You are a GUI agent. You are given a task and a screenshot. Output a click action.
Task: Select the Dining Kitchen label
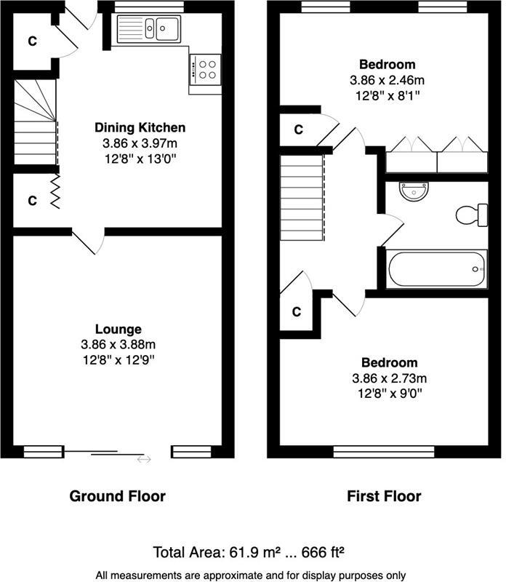click(140, 127)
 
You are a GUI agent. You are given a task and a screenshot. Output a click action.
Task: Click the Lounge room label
click(118, 330)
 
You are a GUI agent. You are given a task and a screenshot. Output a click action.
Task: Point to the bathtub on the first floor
click(437, 270)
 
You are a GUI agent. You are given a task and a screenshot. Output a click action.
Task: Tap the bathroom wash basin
click(414, 192)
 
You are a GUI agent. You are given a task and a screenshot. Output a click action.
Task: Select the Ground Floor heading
click(117, 497)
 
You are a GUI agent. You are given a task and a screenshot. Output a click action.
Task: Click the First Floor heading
click(383, 497)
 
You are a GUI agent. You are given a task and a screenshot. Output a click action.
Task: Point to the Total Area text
click(252, 551)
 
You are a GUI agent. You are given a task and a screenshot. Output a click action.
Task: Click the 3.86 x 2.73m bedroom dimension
click(390, 378)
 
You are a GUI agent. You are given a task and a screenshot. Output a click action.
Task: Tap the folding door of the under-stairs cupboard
click(55, 192)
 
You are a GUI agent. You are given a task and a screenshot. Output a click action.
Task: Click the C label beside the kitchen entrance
click(32, 41)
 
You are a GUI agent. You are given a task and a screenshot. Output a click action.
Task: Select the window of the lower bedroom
click(383, 452)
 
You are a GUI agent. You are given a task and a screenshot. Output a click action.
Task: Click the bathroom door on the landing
click(390, 231)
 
